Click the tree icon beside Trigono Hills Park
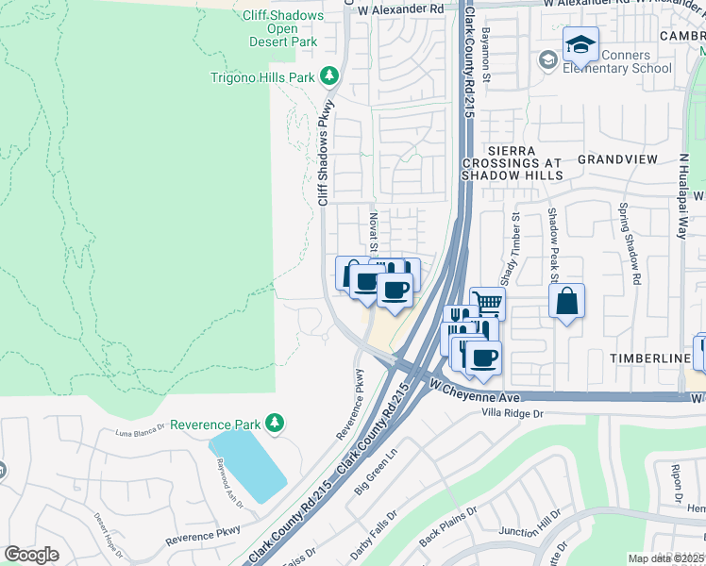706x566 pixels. click(x=328, y=75)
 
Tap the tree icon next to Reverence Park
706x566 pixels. click(x=275, y=422)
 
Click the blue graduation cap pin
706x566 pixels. click(x=580, y=43)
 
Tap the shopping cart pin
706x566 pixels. click(x=487, y=303)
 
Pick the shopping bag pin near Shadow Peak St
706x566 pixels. click(x=566, y=302)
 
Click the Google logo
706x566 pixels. click(x=31, y=554)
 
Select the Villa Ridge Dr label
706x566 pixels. click(x=513, y=413)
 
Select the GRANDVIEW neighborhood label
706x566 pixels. click(x=616, y=159)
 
